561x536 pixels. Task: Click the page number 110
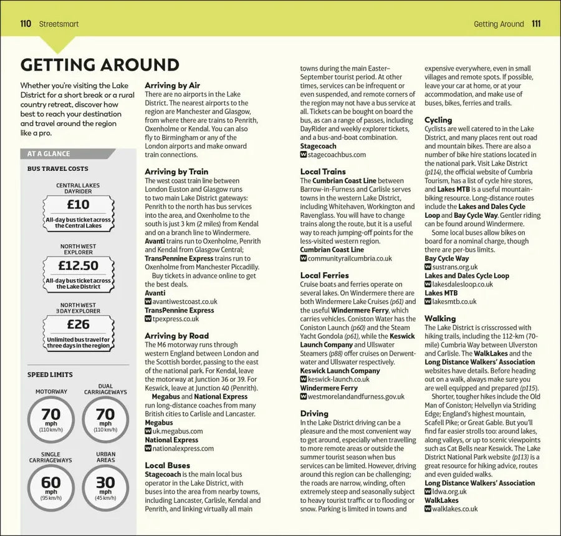coord(26,24)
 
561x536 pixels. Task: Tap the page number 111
coord(536,24)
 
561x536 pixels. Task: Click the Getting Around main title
coord(100,65)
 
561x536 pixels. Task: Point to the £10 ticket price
coord(78,205)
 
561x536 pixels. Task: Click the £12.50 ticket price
coord(78,265)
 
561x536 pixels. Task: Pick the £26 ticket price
coord(78,324)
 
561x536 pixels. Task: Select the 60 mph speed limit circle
coord(50,485)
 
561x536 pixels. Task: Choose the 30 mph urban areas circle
coord(105,485)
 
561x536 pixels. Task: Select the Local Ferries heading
coord(324,275)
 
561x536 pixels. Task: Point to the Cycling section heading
coord(438,120)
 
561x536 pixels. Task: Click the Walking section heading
coord(440,318)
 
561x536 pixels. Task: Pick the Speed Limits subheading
coord(50,375)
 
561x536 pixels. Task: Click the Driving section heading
coord(314,413)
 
